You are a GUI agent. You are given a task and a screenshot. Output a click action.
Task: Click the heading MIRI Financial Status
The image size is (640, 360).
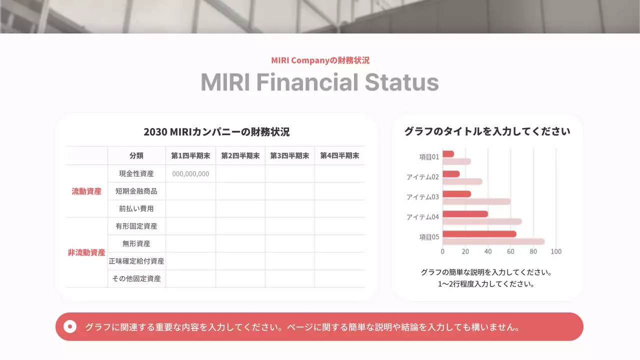click(319, 82)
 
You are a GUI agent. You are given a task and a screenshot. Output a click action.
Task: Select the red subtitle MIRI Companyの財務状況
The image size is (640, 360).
click(320, 60)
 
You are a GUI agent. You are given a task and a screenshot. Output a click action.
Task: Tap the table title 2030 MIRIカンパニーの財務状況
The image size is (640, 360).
click(216, 132)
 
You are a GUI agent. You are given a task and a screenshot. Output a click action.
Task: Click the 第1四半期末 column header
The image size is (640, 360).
click(190, 155)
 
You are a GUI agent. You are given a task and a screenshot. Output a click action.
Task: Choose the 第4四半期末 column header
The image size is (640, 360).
click(339, 155)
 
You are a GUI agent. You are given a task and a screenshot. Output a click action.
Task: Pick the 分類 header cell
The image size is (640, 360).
click(136, 155)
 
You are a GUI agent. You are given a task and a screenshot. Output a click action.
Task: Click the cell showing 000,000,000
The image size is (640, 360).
click(190, 174)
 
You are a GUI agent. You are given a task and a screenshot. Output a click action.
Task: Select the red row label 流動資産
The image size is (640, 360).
click(86, 191)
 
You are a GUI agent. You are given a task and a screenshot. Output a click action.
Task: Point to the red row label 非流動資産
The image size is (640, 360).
click(86, 252)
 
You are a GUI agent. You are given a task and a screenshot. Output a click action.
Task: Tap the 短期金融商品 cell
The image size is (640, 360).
click(136, 191)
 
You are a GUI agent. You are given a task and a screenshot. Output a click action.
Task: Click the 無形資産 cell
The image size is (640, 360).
click(136, 243)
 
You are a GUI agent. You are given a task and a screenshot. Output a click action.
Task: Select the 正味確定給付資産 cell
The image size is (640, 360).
click(136, 261)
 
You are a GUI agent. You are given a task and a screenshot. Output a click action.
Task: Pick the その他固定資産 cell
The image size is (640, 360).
click(136, 278)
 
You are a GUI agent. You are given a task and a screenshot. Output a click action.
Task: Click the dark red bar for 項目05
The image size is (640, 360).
click(479, 234)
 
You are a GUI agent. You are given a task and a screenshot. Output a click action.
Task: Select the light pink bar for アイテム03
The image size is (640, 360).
click(476, 201)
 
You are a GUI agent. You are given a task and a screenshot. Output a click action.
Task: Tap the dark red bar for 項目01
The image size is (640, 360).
click(448, 154)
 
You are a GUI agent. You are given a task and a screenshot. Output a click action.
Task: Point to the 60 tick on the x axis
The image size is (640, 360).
click(510, 251)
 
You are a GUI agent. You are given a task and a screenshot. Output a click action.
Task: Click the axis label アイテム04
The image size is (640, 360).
click(422, 217)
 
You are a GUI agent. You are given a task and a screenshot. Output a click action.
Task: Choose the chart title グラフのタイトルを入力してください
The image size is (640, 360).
click(487, 132)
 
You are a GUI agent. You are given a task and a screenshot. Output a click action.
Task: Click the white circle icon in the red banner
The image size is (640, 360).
click(70, 327)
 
